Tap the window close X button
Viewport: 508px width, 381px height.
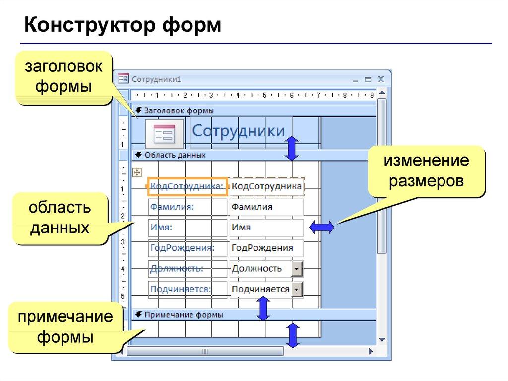(x=381, y=79)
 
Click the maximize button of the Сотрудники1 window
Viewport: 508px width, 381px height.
(x=368, y=79)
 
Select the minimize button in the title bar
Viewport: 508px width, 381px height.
(x=355, y=79)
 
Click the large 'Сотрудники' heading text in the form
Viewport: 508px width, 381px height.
(x=239, y=131)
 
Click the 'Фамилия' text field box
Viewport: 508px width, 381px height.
(x=266, y=207)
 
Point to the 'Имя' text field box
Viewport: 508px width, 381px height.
(x=266, y=228)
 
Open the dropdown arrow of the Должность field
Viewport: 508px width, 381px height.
(x=296, y=269)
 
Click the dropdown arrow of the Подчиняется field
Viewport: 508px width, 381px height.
(x=297, y=289)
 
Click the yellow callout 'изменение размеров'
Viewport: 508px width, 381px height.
(x=426, y=171)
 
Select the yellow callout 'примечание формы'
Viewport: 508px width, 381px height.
(x=65, y=327)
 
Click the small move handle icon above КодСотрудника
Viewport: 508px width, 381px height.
(x=137, y=172)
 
